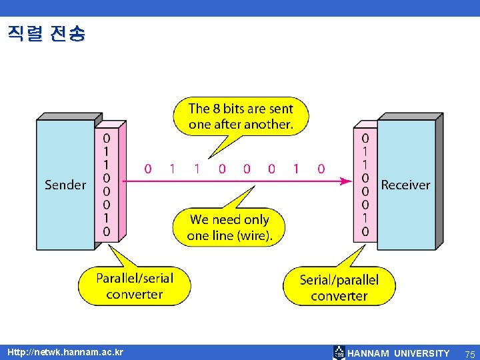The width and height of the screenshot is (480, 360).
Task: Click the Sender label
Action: click(x=65, y=185)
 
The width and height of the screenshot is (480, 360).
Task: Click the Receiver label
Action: click(x=405, y=185)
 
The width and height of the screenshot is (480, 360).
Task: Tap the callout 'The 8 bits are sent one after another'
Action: click(x=240, y=116)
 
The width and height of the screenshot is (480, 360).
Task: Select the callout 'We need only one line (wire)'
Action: click(x=230, y=227)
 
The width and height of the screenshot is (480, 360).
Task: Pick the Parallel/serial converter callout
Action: click(x=134, y=286)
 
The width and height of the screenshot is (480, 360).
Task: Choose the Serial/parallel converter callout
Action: click(x=339, y=287)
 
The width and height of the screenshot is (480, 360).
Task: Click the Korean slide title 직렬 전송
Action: click(x=47, y=33)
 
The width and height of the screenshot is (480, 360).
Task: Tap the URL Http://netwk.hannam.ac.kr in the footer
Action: click(x=65, y=352)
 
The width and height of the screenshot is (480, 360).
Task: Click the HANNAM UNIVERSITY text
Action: click(x=399, y=353)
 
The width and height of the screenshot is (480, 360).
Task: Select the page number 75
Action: click(x=470, y=353)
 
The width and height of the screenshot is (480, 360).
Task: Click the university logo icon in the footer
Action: click(x=339, y=353)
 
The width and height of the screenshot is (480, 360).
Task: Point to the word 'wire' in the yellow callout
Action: click(x=253, y=235)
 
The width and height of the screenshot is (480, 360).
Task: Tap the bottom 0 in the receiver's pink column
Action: click(x=365, y=232)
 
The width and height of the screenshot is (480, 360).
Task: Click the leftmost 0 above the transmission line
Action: click(x=147, y=169)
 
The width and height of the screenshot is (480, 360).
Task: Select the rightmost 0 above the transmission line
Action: click(x=321, y=169)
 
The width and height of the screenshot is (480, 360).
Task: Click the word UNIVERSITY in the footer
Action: click(x=422, y=353)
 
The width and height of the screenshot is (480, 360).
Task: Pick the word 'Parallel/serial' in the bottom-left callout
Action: click(x=134, y=278)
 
